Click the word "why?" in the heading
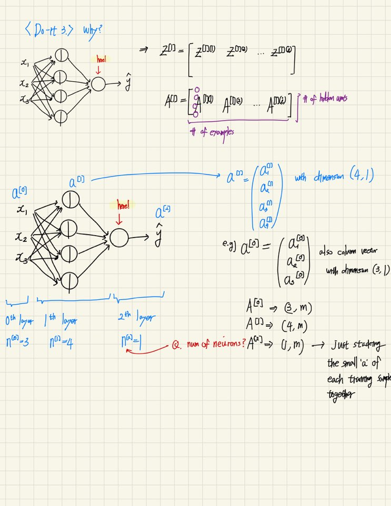click(x=93, y=30)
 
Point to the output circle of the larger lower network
click(x=119, y=238)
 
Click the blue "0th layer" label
click(x=18, y=321)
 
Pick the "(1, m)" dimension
click(x=287, y=346)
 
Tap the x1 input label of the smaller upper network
click(x=24, y=64)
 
